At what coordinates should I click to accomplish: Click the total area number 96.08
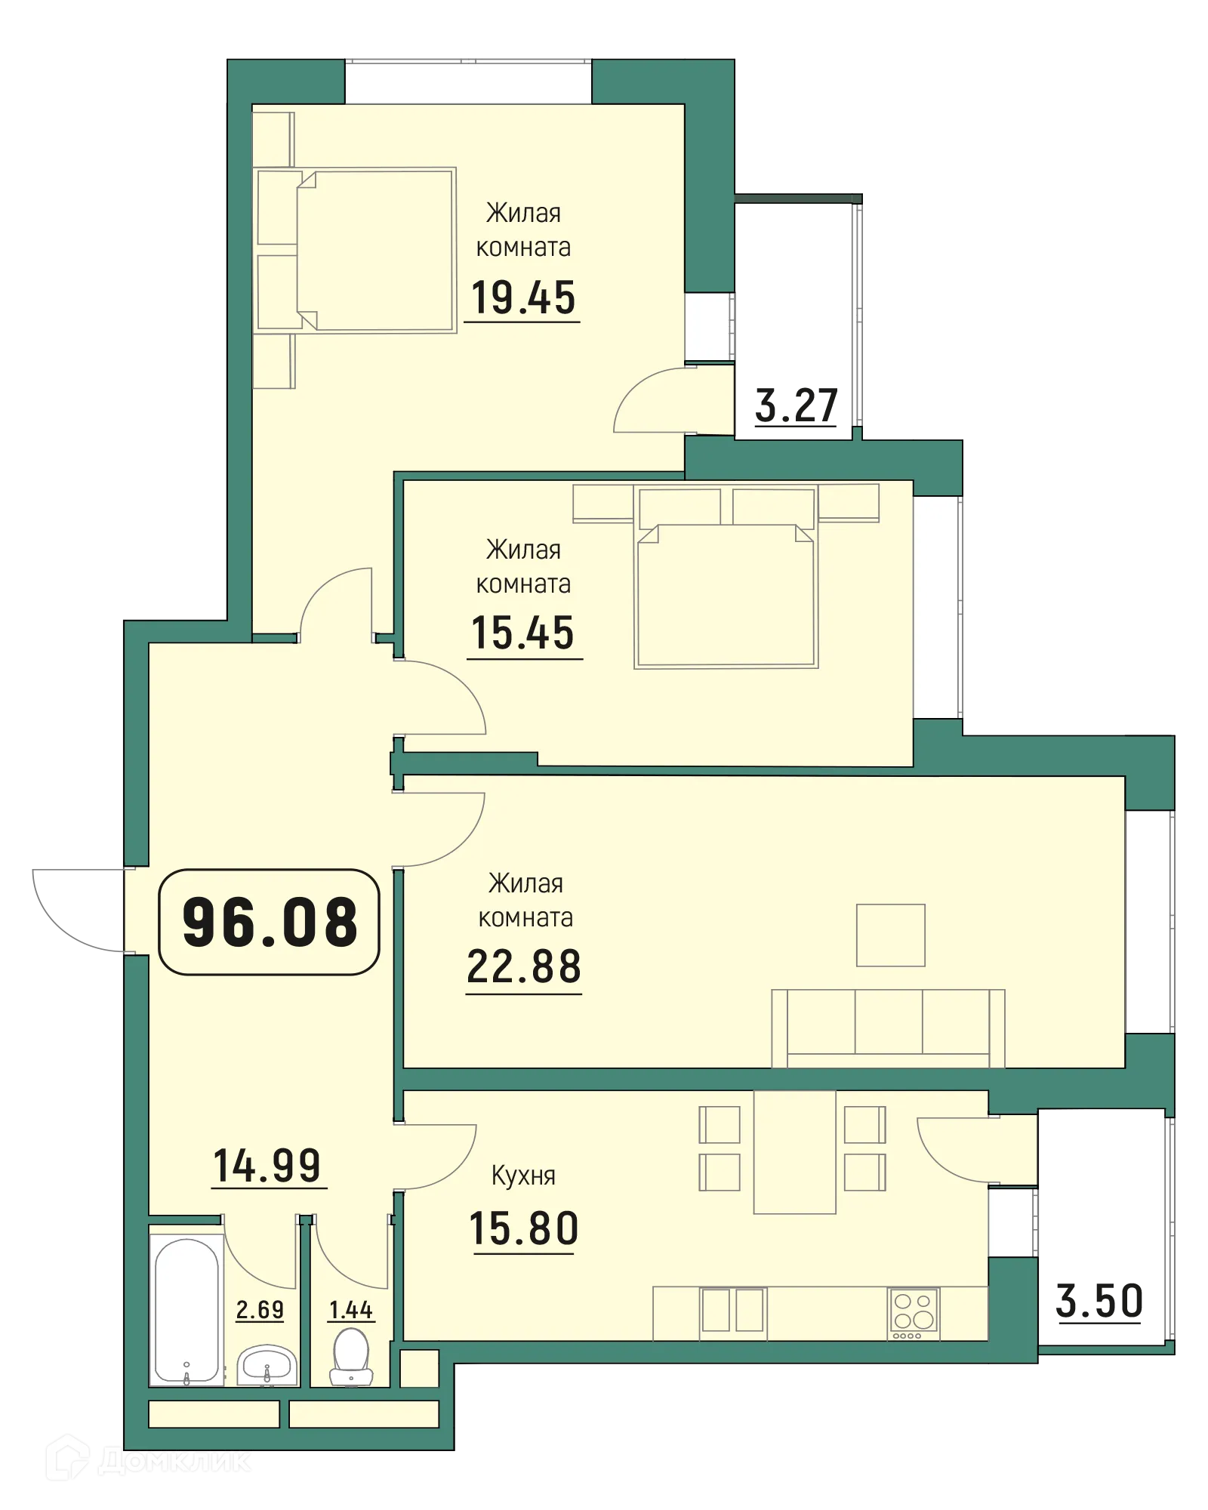click(270, 922)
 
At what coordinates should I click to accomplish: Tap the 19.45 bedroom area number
click(522, 297)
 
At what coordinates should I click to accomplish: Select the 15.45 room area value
click(522, 633)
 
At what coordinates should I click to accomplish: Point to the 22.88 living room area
click(524, 966)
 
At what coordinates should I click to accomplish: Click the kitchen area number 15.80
click(524, 1228)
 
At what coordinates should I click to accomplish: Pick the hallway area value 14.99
click(268, 1166)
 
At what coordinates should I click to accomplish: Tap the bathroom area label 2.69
click(260, 1309)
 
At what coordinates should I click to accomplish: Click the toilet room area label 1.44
click(351, 1310)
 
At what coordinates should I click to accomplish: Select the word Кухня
click(523, 1176)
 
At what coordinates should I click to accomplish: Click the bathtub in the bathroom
click(186, 1310)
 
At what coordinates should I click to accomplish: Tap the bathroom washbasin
click(266, 1366)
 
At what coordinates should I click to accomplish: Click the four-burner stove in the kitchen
click(914, 1313)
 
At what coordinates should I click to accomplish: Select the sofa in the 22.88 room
click(888, 1027)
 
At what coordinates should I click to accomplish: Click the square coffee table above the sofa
click(890, 935)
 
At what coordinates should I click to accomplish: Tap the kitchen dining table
click(794, 1151)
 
